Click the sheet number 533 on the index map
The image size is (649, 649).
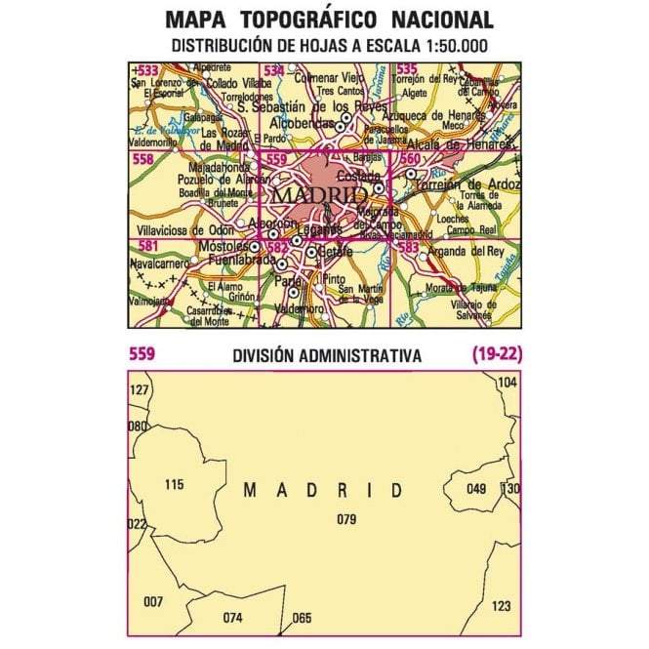(x=149, y=70)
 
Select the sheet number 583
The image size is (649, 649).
(x=408, y=248)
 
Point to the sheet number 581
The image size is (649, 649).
(x=149, y=245)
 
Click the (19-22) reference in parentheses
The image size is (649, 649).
(x=495, y=355)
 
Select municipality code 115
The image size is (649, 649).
(x=174, y=485)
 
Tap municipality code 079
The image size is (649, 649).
(x=345, y=518)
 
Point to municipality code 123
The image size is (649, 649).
(x=501, y=606)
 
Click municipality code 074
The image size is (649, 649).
(x=231, y=618)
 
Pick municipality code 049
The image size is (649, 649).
(x=475, y=489)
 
